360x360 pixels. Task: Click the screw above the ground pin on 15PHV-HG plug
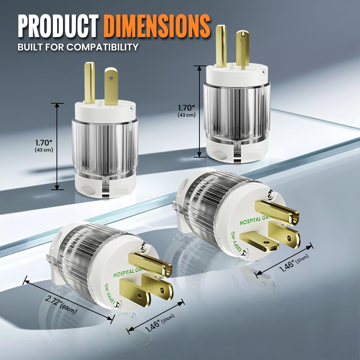coord(143,246)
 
